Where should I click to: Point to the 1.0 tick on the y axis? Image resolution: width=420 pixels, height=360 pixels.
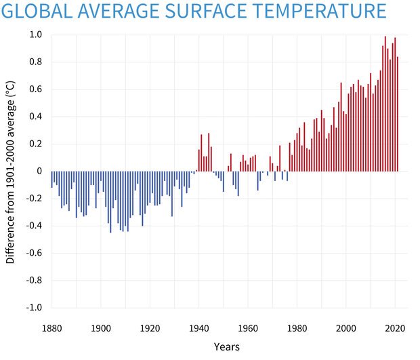coord(35,35)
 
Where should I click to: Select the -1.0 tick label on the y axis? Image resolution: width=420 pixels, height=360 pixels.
coord(34,307)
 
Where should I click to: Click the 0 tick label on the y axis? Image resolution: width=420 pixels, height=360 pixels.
coord(39,171)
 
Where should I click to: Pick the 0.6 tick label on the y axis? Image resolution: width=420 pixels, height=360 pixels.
coord(35,89)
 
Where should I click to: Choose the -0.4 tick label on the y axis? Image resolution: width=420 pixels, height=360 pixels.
coord(34,226)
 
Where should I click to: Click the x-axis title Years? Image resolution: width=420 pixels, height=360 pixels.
coord(226,346)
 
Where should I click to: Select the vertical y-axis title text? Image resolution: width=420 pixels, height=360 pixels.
coord(11,174)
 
